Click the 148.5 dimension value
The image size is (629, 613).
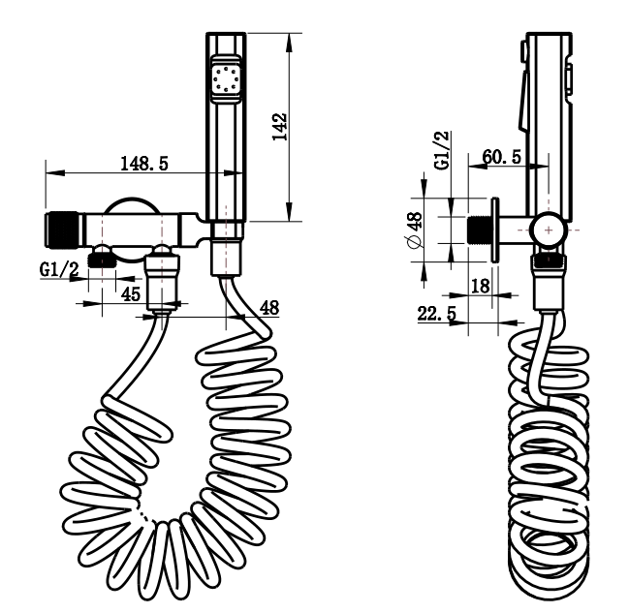point(143,165)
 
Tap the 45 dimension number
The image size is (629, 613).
point(129,293)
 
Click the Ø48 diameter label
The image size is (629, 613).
point(416,232)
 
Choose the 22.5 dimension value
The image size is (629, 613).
point(437,314)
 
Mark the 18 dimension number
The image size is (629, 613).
point(479,285)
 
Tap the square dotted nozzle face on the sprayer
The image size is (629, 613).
point(226,77)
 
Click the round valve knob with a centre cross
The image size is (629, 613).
point(550,230)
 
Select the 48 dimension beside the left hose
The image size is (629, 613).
point(269,307)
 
